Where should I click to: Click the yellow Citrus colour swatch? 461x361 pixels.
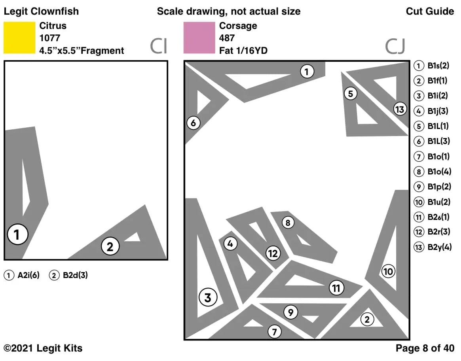coord(19,38)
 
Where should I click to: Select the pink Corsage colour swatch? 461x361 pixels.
coord(199,38)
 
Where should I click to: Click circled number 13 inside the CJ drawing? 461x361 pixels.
coord(400,109)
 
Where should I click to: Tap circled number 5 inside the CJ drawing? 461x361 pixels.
coord(351,94)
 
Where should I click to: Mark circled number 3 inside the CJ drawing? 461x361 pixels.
coord(208,297)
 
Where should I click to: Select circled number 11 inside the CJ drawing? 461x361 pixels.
coord(336,288)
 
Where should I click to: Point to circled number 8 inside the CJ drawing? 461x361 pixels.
coord(288,223)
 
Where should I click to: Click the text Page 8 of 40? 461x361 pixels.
coord(425,348)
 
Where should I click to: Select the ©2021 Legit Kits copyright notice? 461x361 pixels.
coord(43,348)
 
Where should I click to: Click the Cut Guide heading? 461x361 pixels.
coord(430,11)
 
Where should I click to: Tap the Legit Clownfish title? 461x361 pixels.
coord(41,11)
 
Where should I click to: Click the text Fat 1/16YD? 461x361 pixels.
coord(243,51)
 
